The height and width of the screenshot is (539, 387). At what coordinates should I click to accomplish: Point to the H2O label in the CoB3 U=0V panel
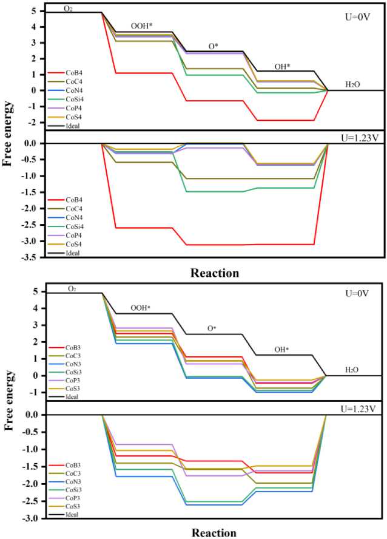pos(352,369)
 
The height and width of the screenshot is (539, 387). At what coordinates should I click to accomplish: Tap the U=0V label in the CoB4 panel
pos(358,17)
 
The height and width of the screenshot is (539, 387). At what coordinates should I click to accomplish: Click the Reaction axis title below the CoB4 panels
pos(215,273)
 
